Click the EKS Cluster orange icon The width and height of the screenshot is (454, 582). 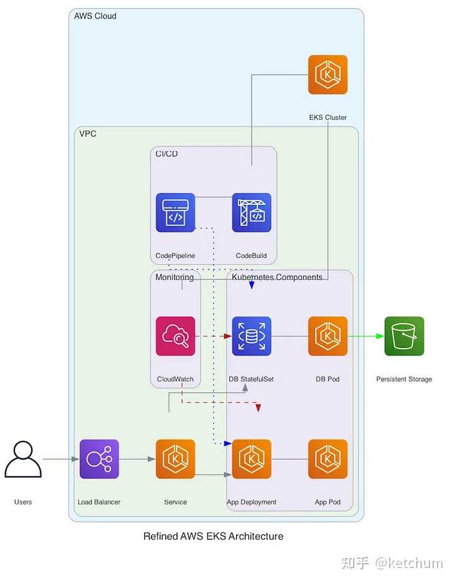click(327, 74)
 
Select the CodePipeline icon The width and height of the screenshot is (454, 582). click(175, 212)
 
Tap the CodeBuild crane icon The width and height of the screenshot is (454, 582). click(252, 212)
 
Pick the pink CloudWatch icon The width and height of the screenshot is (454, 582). click(175, 336)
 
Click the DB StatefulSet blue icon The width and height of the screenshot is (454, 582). click(252, 336)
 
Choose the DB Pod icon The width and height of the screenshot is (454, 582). click(328, 336)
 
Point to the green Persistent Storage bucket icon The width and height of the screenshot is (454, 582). click(404, 336)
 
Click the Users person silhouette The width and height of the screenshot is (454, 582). click(23, 459)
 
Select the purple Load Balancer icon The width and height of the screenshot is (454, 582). click(99, 459)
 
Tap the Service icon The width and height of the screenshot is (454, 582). click(175, 459)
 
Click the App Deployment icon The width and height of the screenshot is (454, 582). click(252, 459)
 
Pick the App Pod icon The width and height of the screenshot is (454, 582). click(328, 459)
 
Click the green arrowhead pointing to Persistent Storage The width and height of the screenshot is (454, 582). click(380, 336)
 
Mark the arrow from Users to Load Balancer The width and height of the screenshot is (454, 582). click(61, 459)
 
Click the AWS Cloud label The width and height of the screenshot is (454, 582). click(95, 16)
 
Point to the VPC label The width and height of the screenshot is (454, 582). click(88, 134)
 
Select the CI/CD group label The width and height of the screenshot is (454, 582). click(166, 154)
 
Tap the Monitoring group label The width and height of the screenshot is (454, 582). click(175, 277)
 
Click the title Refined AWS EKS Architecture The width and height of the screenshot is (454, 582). click(214, 537)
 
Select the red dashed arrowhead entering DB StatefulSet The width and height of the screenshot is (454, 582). click(228, 336)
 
